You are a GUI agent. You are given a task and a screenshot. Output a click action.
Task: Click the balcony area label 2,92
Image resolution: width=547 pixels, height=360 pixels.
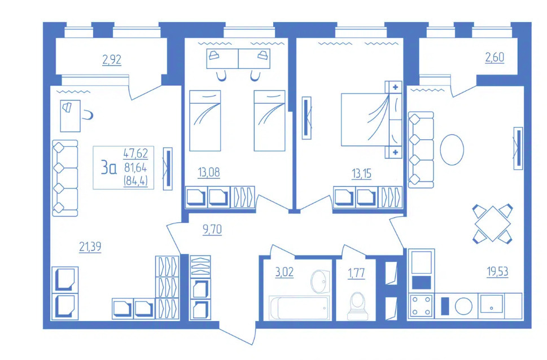[x=112, y=60]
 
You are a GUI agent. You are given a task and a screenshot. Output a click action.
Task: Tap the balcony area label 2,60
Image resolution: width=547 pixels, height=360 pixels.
[x=495, y=57]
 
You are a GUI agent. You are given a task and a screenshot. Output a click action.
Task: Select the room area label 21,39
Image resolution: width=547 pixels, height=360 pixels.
[x=90, y=247]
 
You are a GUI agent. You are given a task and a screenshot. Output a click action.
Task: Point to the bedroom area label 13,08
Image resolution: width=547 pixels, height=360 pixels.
[x=209, y=172]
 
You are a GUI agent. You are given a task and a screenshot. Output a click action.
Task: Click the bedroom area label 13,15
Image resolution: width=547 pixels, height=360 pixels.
[x=361, y=173]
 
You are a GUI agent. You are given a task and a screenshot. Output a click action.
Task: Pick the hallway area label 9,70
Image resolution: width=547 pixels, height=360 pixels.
[x=212, y=230]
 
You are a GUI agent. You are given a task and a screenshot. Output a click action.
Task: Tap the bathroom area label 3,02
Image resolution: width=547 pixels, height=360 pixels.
[x=285, y=272]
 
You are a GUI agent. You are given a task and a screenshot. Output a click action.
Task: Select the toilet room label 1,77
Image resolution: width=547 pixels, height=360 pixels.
[x=356, y=273]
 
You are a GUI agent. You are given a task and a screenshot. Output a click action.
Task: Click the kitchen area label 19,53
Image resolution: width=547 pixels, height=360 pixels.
[x=497, y=271]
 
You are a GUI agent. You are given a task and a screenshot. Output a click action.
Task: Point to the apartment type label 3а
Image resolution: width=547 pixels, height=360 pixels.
[x=108, y=167]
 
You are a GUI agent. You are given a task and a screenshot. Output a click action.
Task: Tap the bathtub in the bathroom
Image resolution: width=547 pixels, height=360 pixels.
[x=299, y=308]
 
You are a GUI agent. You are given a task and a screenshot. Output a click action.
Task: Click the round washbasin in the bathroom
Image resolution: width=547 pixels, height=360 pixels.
[x=320, y=281]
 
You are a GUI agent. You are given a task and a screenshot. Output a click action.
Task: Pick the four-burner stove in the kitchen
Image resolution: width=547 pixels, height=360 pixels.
[x=422, y=306]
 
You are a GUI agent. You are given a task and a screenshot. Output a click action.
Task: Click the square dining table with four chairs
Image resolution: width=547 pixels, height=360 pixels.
[x=492, y=223]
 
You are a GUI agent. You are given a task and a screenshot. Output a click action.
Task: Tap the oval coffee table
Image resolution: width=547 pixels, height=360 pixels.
[x=452, y=150]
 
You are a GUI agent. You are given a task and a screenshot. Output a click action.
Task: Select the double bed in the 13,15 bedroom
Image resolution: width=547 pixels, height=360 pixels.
[x=371, y=120]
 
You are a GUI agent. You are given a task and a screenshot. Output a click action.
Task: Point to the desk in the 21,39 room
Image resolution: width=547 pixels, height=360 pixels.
[x=70, y=116]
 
